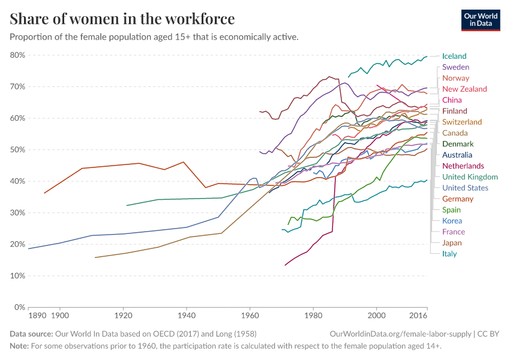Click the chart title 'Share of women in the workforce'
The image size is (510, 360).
click(122, 19)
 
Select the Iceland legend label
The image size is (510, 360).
click(454, 56)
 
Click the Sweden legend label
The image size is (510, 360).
click(455, 67)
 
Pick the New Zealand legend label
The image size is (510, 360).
click(464, 89)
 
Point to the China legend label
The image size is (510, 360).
click(451, 100)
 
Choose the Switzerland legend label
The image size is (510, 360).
click(461, 122)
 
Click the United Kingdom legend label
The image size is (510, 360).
click(470, 177)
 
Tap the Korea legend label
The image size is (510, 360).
click(452, 221)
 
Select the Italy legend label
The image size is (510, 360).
click(449, 254)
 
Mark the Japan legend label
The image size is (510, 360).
click(452, 243)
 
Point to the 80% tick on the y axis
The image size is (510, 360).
click(17, 55)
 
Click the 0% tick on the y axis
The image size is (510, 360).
click(19, 307)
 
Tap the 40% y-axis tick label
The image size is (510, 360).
click(17, 181)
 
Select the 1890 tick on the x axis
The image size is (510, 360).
click(37, 315)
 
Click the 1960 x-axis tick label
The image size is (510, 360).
click(250, 315)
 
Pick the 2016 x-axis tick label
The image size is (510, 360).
click(418, 315)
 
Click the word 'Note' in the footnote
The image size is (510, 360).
click(19, 346)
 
